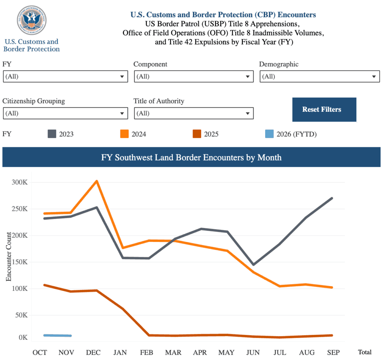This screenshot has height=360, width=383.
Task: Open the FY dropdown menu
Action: (x=65, y=77)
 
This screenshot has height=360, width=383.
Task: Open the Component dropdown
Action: (x=194, y=77)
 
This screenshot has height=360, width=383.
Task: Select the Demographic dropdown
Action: (x=319, y=77)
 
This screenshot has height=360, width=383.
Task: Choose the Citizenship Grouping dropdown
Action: (x=65, y=113)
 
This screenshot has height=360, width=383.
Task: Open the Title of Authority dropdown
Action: (x=194, y=113)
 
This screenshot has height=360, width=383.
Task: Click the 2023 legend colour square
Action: (x=52, y=134)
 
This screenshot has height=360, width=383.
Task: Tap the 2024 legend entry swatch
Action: (x=125, y=134)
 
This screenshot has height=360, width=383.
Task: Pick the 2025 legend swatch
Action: (x=197, y=134)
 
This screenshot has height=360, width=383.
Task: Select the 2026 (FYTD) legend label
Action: (x=296, y=134)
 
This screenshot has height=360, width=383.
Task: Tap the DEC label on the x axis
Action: (x=94, y=353)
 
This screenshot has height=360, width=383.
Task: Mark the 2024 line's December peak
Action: (x=96, y=181)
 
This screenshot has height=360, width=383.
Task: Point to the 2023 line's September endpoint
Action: (x=332, y=198)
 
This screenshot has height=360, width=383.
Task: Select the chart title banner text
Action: (x=191, y=157)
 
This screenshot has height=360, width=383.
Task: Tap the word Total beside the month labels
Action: (x=365, y=352)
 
